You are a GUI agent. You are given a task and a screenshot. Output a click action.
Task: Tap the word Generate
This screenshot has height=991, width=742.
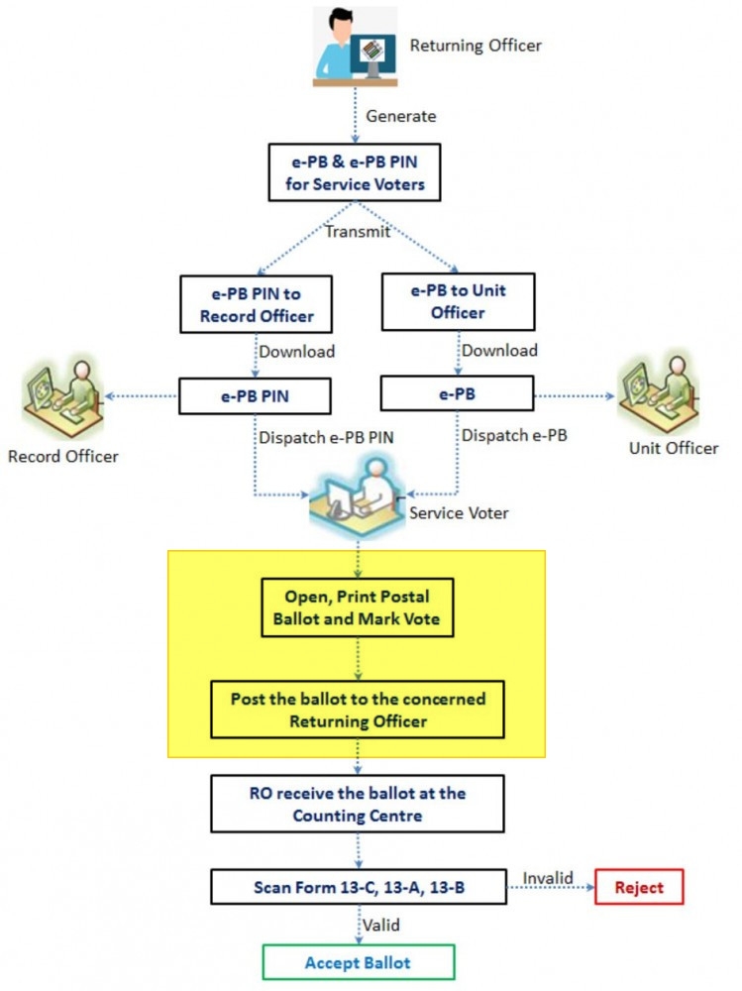(400, 116)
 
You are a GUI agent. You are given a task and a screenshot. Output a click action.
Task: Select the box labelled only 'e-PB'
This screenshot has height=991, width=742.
(459, 396)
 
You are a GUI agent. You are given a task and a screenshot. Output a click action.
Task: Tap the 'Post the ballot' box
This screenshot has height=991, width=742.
(358, 710)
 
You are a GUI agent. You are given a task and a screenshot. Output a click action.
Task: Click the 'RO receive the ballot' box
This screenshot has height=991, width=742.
(358, 804)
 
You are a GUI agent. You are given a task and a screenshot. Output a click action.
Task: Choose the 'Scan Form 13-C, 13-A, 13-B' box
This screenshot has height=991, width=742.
(359, 886)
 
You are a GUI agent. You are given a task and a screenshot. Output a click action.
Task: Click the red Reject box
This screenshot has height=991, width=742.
(639, 887)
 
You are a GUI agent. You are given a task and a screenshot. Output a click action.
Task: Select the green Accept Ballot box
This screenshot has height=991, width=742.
(359, 962)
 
